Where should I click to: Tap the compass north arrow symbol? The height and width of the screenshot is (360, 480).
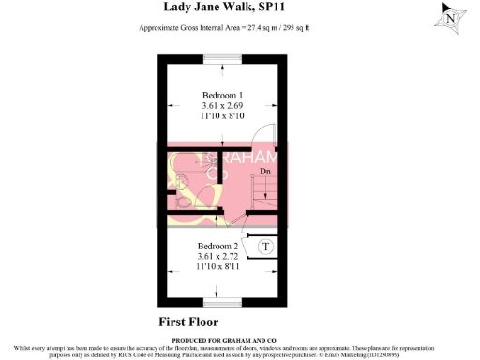click(451, 16)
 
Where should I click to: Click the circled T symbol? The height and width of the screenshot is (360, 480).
click(265, 247)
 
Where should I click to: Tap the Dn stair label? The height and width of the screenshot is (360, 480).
click(265, 172)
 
